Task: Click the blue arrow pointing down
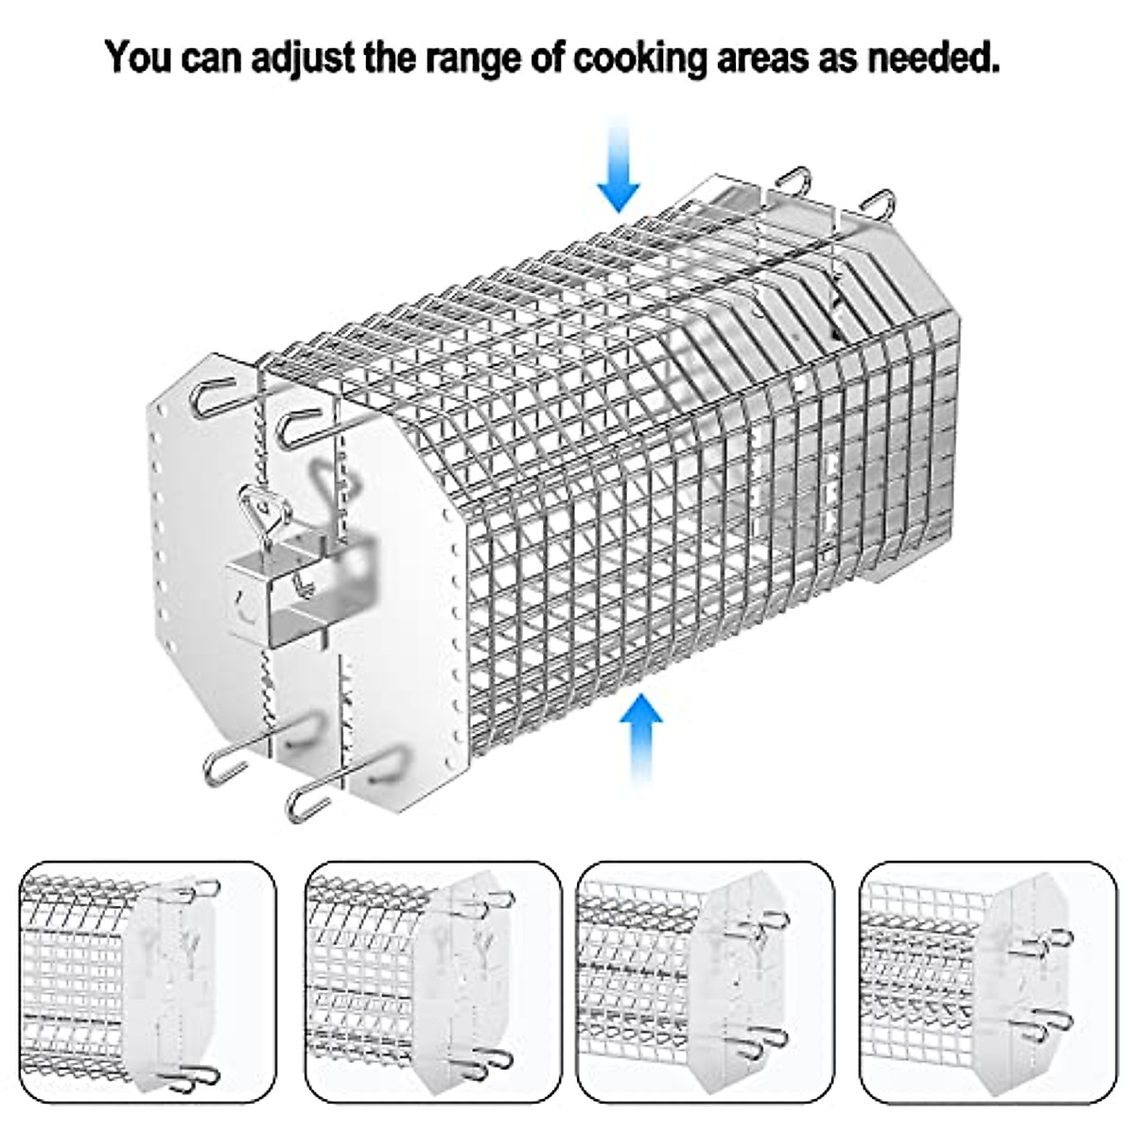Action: (x=619, y=161)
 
